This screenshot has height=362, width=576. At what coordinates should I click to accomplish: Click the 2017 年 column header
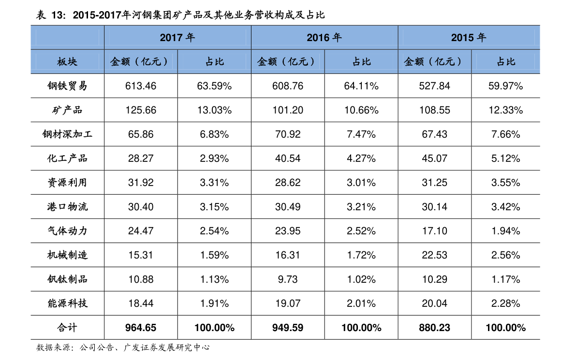tap(177, 38)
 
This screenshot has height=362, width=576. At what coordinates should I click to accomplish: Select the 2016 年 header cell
tap(324, 38)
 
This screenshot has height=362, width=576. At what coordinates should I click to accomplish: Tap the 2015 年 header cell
tap(469, 38)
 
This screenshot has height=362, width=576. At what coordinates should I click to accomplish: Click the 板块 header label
tap(67, 62)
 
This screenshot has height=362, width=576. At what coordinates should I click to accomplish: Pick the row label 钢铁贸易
tap(67, 86)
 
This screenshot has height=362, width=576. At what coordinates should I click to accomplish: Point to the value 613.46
tap(141, 86)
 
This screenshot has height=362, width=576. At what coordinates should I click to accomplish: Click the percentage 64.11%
tap(361, 86)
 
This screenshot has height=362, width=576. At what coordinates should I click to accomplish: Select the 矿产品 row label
tap(67, 110)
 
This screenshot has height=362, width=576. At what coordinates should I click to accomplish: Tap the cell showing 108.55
tap(435, 110)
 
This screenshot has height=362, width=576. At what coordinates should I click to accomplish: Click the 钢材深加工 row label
tap(67, 134)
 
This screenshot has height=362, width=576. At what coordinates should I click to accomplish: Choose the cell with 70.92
tap(288, 134)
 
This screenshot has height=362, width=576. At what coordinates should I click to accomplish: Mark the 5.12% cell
tap(506, 159)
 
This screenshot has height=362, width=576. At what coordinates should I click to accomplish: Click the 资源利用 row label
tap(67, 183)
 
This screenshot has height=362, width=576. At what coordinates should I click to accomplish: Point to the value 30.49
tap(288, 207)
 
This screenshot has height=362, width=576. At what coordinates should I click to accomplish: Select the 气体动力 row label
tap(67, 231)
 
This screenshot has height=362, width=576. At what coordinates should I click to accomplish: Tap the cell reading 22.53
tap(435, 255)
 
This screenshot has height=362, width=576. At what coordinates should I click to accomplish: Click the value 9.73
tap(288, 279)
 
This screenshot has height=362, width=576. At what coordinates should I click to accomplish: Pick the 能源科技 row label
tap(67, 304)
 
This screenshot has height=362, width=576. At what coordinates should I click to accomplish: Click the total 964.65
tap(141, 328)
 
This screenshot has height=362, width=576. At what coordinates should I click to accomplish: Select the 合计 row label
tap(67, 328)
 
